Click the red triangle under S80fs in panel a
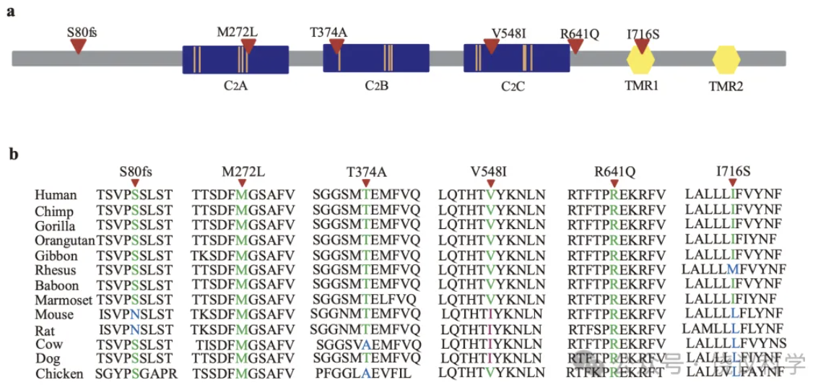(x=78, y=45)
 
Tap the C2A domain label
(x=235, y=85)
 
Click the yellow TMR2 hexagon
(x=726, y=60)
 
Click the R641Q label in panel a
(x=580, y=33)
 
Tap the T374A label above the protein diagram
(x=329, y=32)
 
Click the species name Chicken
(x=59, y=373)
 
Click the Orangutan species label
(x=65, y=240)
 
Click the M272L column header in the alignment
(x=243, y=172)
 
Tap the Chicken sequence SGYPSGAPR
(x=135, y=373)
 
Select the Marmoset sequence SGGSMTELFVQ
(x=365, y=299)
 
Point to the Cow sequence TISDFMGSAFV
(x=243, y=344)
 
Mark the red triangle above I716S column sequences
(x=733, y=183)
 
